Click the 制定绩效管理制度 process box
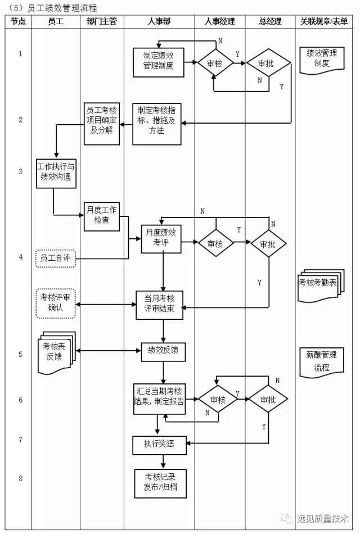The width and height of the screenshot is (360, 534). point(159,62)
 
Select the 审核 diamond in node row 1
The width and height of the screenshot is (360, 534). point(215,63)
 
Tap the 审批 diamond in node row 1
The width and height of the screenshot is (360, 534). point(268,63)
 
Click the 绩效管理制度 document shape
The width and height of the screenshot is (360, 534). point(322,60)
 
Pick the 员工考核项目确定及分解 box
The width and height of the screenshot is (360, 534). point(102,124)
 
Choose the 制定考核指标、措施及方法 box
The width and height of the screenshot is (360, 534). point(157,124)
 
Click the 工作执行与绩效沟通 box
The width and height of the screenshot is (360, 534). point(56,173)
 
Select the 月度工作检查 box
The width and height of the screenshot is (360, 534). point(102,216)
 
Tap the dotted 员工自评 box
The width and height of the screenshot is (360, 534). point(56,258)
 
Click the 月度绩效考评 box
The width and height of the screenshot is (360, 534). point(161,239)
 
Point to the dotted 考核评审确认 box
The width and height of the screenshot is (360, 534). point(56,304)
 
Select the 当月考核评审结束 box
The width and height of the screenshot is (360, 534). point(160,305)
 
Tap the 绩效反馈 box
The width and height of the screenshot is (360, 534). point(163,352)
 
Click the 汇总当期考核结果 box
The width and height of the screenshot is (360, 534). point(160,399)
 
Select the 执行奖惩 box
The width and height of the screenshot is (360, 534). point(160,445)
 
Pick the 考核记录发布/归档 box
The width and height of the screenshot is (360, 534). point(160,483)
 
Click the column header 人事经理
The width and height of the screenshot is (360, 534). point(219,22)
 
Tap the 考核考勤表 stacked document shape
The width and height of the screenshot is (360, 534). point(321,286)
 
